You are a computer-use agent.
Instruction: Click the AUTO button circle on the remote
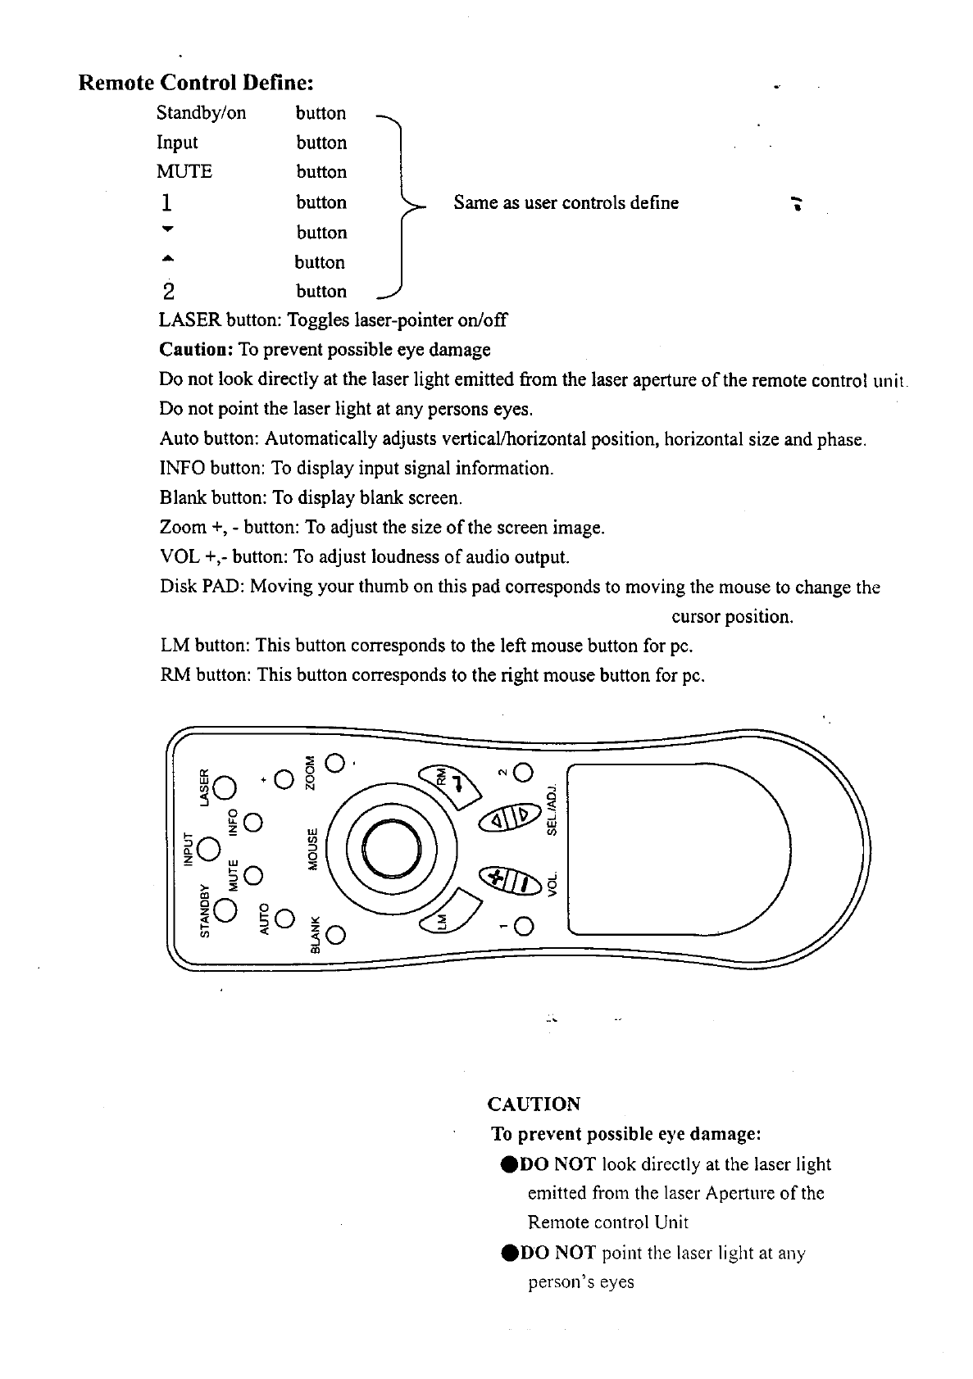(x=284, y=919)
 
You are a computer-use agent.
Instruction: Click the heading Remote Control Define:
(x=196, y=83)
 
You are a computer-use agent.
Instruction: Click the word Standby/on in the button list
(x=201, y=113)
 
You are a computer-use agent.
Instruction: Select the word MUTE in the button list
(x=184, y=172)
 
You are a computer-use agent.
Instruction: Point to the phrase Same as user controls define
(x=566, y=202)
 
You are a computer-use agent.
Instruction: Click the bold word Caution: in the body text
(x=197, y=350)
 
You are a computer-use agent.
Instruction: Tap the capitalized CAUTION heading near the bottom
(x=534, y=1105)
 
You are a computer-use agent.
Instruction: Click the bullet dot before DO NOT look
(x=507, y=1165)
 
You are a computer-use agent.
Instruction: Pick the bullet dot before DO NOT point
(x=507, y=1254)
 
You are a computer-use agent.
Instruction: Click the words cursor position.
(x=732, y=617)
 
